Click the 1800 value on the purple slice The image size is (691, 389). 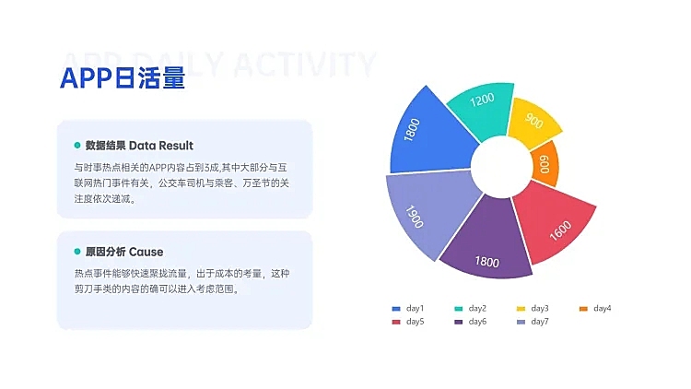(x=486, y=261)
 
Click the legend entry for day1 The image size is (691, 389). (x=408, y=308)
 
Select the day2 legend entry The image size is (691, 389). (x=471, y=308)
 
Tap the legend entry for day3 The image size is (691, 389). (x=533, y=308)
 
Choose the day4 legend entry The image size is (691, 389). (x=596, y=308)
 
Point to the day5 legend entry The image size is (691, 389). (x=408, y=321)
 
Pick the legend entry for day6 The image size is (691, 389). (x=471, y=321)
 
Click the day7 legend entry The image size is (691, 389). (x=533, y=321)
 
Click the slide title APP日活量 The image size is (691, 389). (x=123, y=79)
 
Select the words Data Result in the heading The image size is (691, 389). (x=161, y=146)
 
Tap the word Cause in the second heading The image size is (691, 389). (x=146, y=252)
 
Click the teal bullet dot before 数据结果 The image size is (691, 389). (x=77, y=146)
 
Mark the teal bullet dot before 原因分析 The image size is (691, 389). (x=77, y=252)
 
